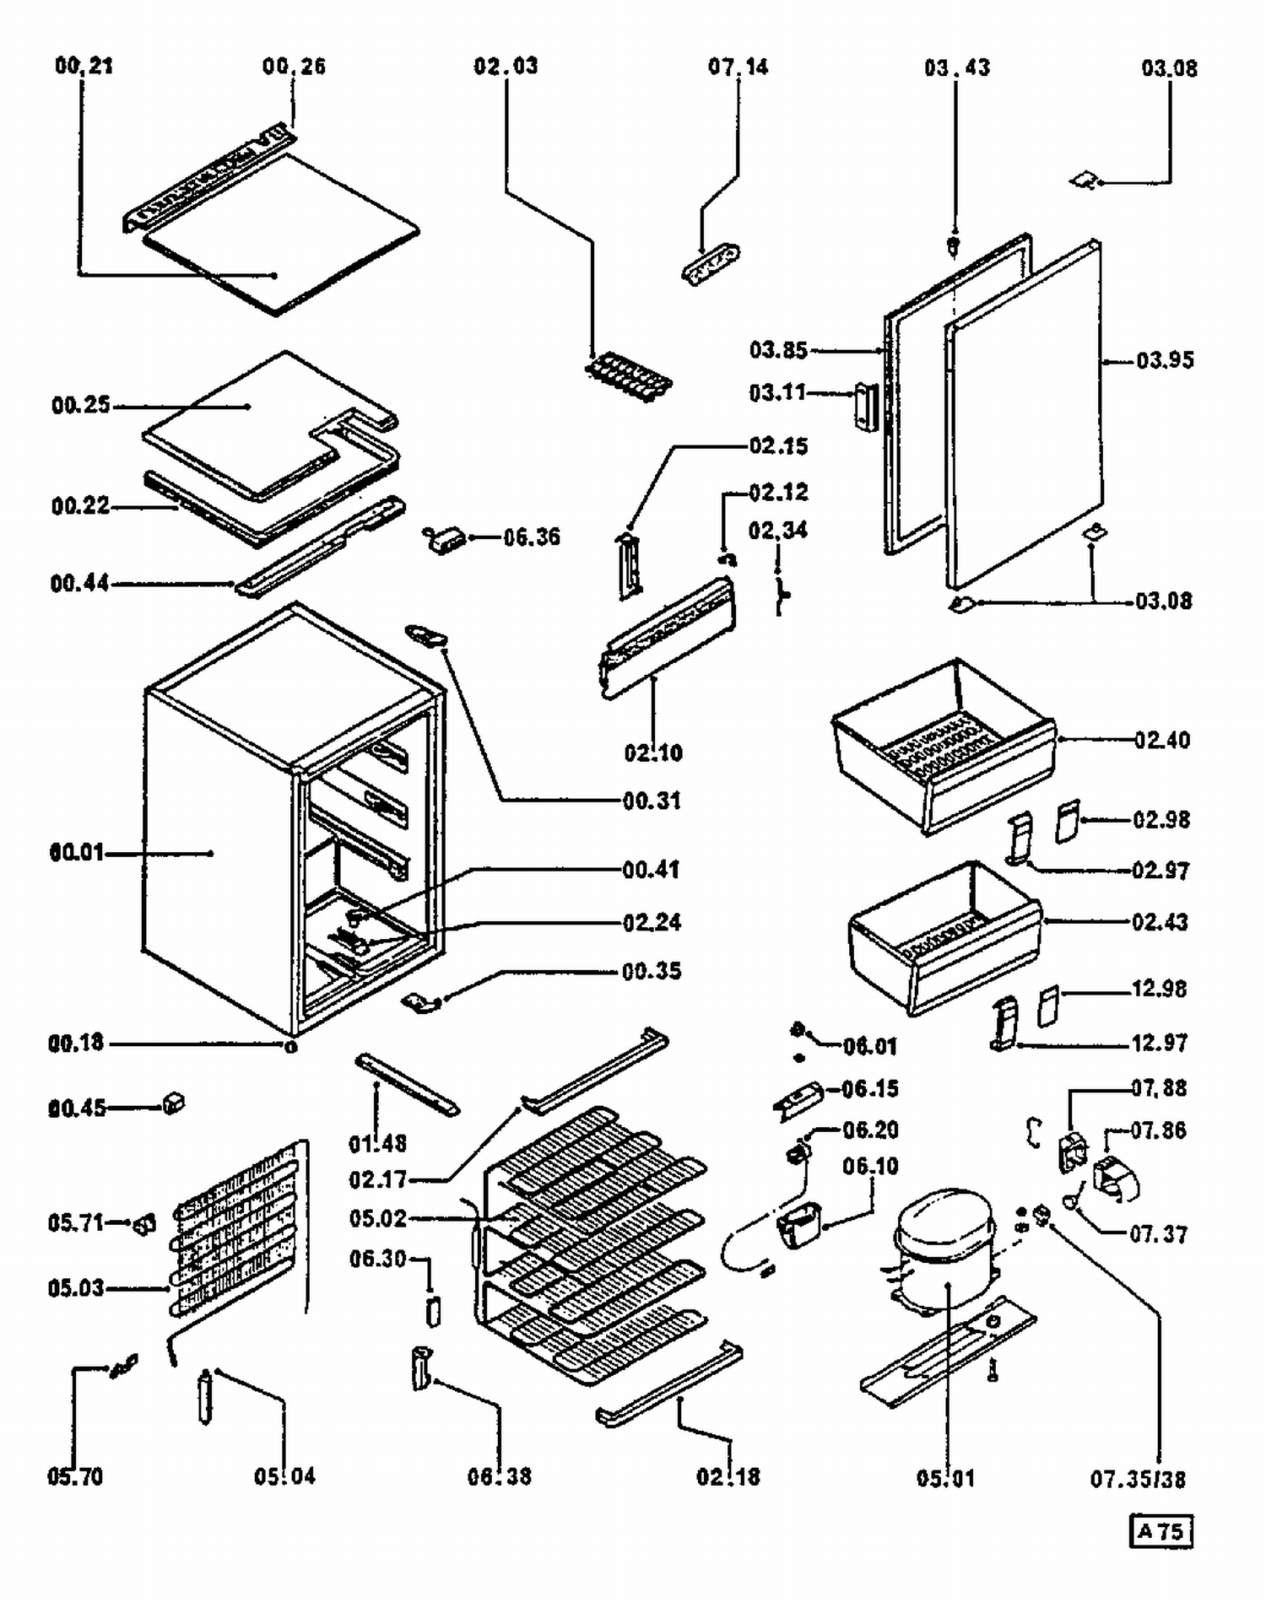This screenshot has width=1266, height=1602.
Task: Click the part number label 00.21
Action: coord(84,66)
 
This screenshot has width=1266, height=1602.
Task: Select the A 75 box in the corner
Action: coord(1160,1531)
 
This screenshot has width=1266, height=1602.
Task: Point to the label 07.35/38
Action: coord(1138,1479)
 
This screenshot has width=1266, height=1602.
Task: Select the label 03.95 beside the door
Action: coord(1165,361)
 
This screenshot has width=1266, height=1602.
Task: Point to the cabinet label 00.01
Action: coord(76,852)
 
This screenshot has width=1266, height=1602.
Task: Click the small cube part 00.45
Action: coord(173,1103)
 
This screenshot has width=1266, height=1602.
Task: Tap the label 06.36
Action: coord(532,537)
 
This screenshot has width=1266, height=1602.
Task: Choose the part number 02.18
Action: coord(728,1477)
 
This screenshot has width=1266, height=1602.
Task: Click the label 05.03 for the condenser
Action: coord(76,1288)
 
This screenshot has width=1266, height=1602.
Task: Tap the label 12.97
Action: coord(1159,1044)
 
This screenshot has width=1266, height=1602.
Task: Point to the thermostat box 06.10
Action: coord(799,1224)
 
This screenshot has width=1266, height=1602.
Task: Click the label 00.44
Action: coord(79,584)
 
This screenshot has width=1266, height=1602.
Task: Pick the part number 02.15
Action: coord(778,445)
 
